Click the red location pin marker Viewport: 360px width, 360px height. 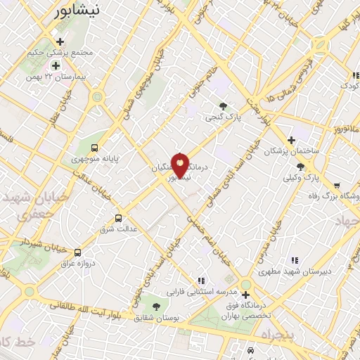click(181, 166)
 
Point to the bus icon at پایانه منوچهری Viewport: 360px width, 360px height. click(94, 148)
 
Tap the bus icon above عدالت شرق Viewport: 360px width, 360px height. click(118, 218)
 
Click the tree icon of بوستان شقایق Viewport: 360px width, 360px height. click(155, 306)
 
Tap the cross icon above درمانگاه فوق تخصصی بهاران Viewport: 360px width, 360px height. click(245, 284)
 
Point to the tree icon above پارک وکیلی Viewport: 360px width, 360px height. click(301, 167)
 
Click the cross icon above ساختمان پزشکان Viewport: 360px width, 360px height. click(291, 140)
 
